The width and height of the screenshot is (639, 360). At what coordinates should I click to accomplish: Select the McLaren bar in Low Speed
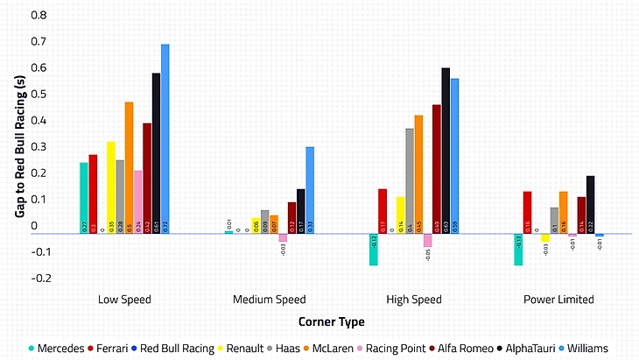129,167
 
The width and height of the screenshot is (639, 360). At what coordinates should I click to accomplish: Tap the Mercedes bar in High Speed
373,250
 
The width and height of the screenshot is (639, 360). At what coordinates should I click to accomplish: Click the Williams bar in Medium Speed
310,190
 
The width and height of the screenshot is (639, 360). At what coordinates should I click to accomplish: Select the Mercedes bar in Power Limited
518,250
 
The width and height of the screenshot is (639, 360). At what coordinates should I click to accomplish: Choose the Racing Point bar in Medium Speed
283,238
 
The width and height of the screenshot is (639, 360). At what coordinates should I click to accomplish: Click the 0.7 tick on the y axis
37,42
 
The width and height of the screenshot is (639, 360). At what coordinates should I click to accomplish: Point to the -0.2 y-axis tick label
35,278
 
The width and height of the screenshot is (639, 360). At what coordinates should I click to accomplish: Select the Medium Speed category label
269,300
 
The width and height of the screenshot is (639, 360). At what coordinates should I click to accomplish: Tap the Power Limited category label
558,300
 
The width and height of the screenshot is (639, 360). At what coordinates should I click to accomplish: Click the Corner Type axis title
331,321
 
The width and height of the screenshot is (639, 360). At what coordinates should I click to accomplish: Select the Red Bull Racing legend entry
180,348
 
